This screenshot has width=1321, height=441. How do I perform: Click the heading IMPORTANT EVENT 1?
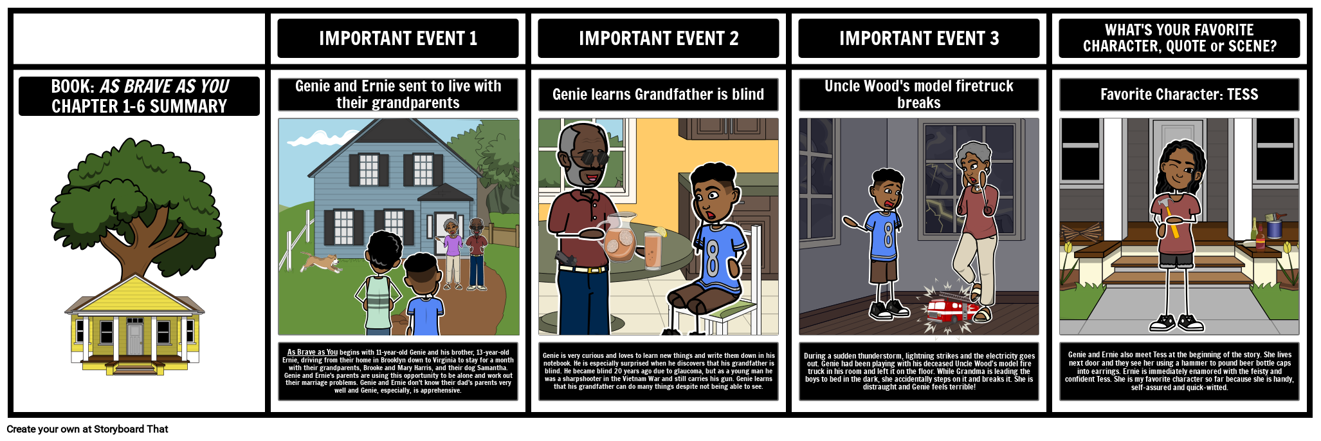[x=398, y=39]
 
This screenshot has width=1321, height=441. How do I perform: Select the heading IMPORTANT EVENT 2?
[x=659, y=39]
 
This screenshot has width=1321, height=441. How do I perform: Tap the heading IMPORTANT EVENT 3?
[x=919, y=39]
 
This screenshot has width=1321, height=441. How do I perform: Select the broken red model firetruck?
[x=950, y=308]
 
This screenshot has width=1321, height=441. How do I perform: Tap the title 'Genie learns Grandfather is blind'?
[x=659, y=95]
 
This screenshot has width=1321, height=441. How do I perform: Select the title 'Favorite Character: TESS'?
[x=1179, y=95]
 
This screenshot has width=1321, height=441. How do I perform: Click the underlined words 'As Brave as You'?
[x=312, y=352]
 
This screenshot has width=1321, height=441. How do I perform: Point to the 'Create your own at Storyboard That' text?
[x=87, y=429]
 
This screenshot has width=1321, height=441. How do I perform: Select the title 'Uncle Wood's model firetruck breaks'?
[x=919, y=95]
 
